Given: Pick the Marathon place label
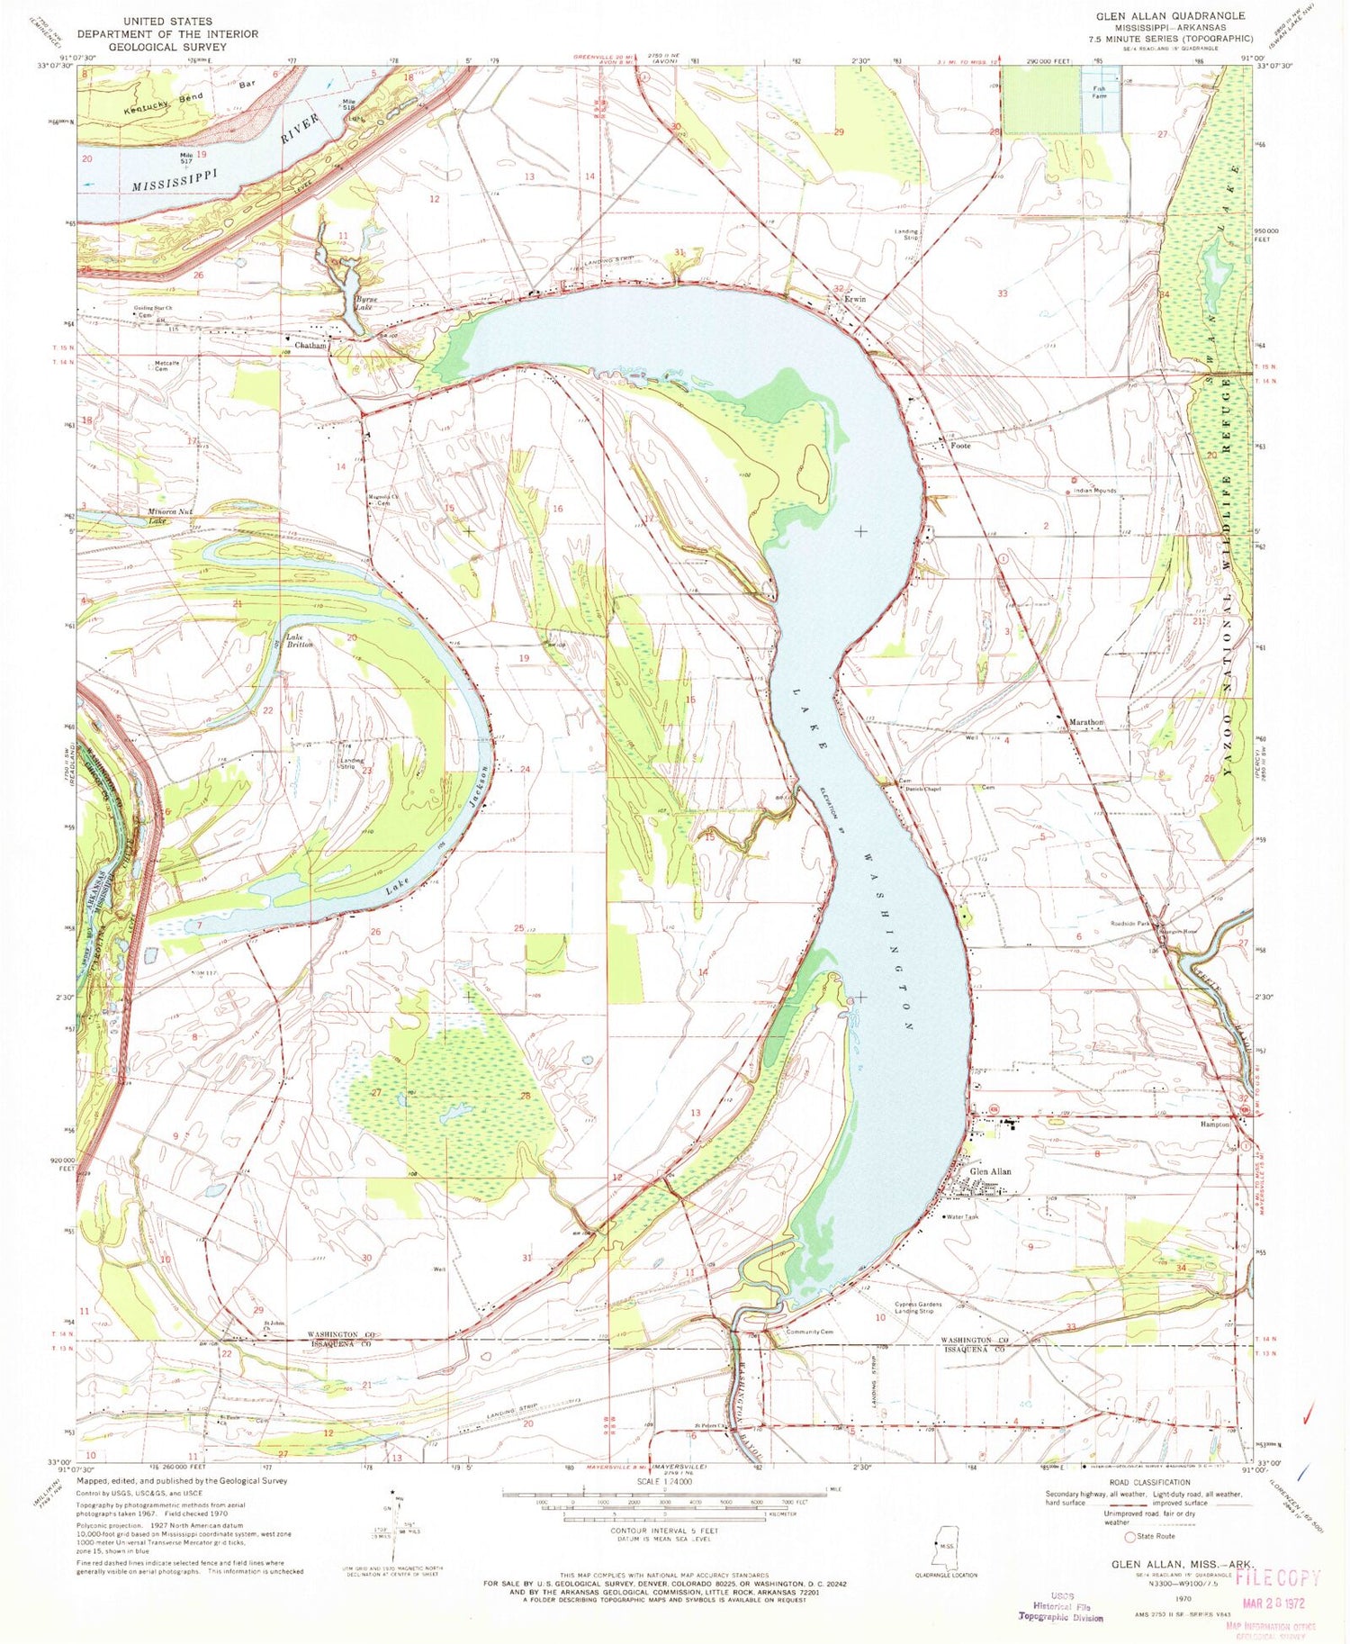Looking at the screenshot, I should pyautogui.click(x=1085, y=722).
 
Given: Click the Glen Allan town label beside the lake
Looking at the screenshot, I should pyautogui.click(x=991, y=1171).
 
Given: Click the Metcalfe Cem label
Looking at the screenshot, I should pyautogui.click(x=166, y=366).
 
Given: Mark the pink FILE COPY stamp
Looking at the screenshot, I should pyautogui.click(x=1278, y=1576).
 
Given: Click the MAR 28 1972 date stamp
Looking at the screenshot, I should pyautogui.click(x=1277, y=1603).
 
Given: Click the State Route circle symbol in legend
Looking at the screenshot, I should pyautogui.click(x=1130, y=1537).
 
